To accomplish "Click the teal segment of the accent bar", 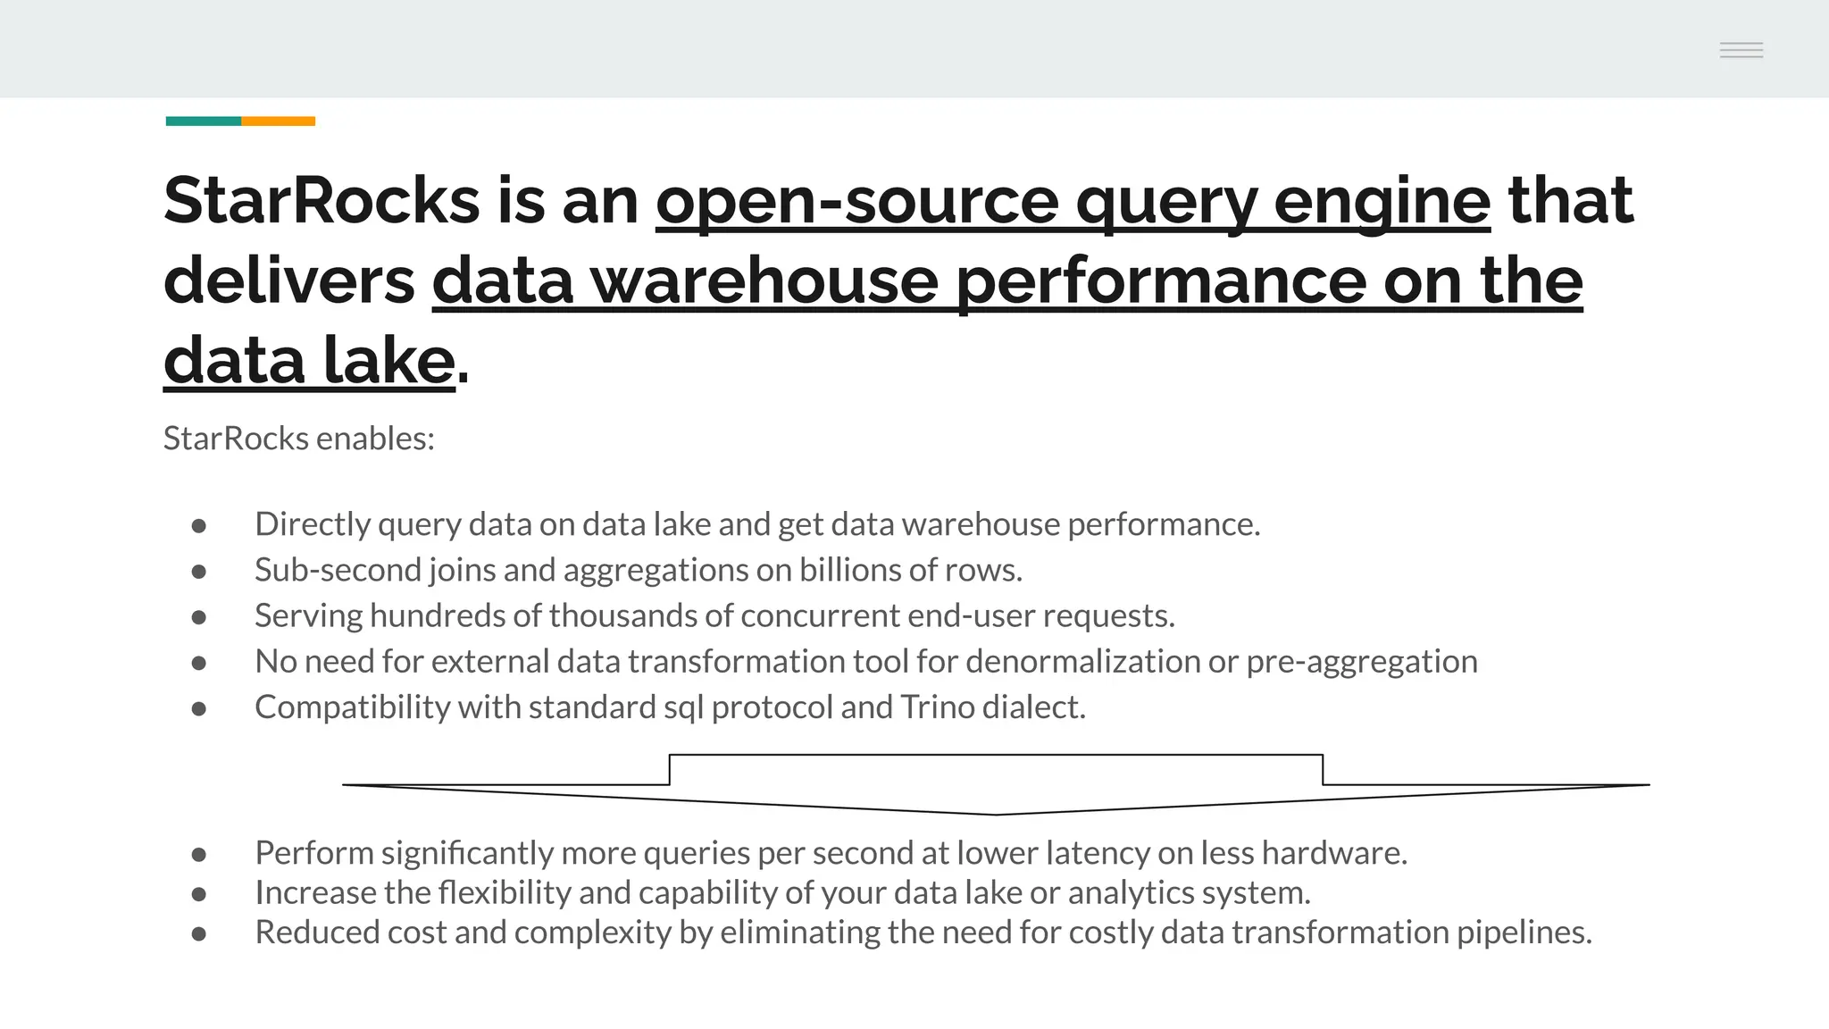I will point(203,121).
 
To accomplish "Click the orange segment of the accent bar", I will point(278,121).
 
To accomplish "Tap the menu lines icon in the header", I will point(1741,50).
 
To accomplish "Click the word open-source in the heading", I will point(856,202).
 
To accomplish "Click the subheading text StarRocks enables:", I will point(298,439).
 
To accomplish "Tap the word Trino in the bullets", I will point(937,707).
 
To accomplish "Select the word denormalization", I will point(1082,662).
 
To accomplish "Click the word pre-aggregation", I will point(1361,662).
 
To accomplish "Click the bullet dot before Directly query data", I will point(199,526).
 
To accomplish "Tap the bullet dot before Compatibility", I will point(199,709).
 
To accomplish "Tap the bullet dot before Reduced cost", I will point(199,934).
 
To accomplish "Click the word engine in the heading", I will point(1382,202).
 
